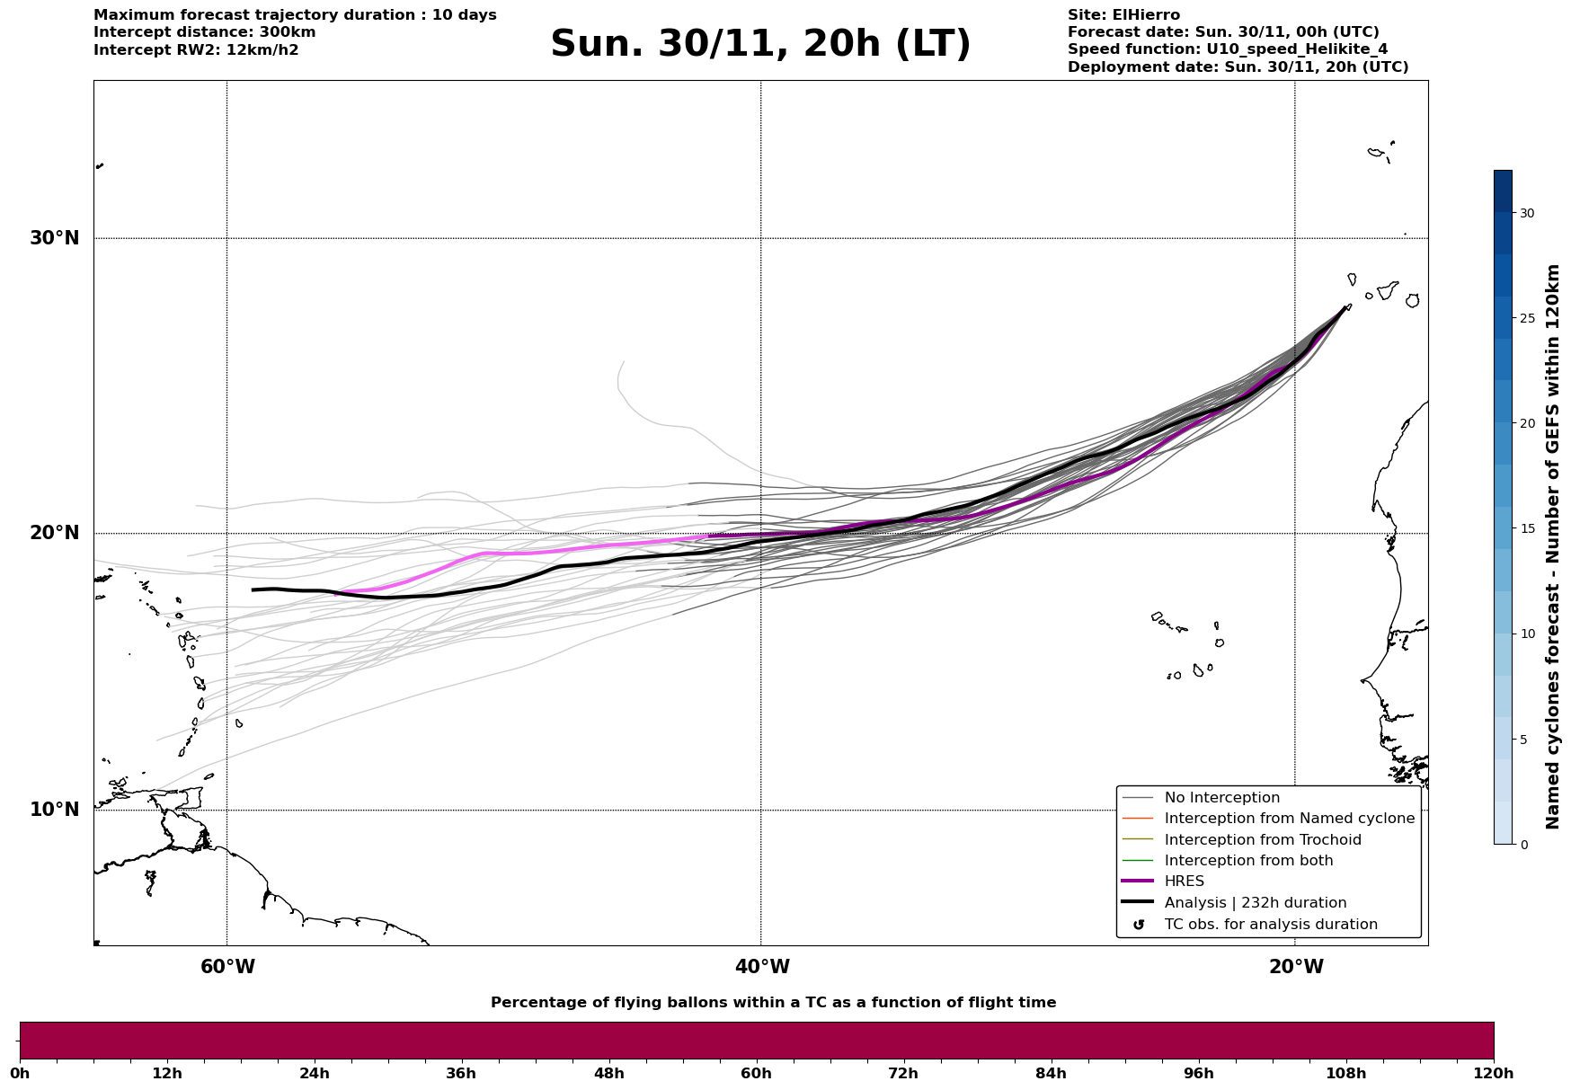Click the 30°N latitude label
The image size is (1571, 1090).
tap(55, 238)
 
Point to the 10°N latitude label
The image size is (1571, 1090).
tap(55, 810)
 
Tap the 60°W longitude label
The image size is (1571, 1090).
tap(227, 967)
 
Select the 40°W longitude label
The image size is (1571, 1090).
tap(762, 967)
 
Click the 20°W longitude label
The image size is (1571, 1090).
tap(1296, 967)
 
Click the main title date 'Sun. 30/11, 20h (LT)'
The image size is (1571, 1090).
tap(760, 44)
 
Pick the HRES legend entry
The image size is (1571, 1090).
tap(1184, 882)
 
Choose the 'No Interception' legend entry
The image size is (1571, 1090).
tap(1221, 798)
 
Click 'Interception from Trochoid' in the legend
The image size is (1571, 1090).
tap(1262, 840)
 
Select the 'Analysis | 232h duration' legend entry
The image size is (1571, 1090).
tap(1255, 903)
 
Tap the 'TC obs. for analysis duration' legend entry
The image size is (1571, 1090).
tap(1270, 925)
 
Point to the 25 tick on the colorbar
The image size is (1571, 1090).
tap(1526, 318)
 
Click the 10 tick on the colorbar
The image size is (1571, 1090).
tap(1526, 634)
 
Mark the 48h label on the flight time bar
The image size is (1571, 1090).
tap(608, 1074)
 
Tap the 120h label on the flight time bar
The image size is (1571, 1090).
tap(1494, 1074)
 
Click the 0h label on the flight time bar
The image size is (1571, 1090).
tap(20, 1074)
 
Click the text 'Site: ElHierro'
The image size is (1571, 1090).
tap(1123, 15)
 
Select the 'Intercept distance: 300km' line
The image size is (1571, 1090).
tap(204, 32)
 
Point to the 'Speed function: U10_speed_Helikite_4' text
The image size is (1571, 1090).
tap(1227, 49)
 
